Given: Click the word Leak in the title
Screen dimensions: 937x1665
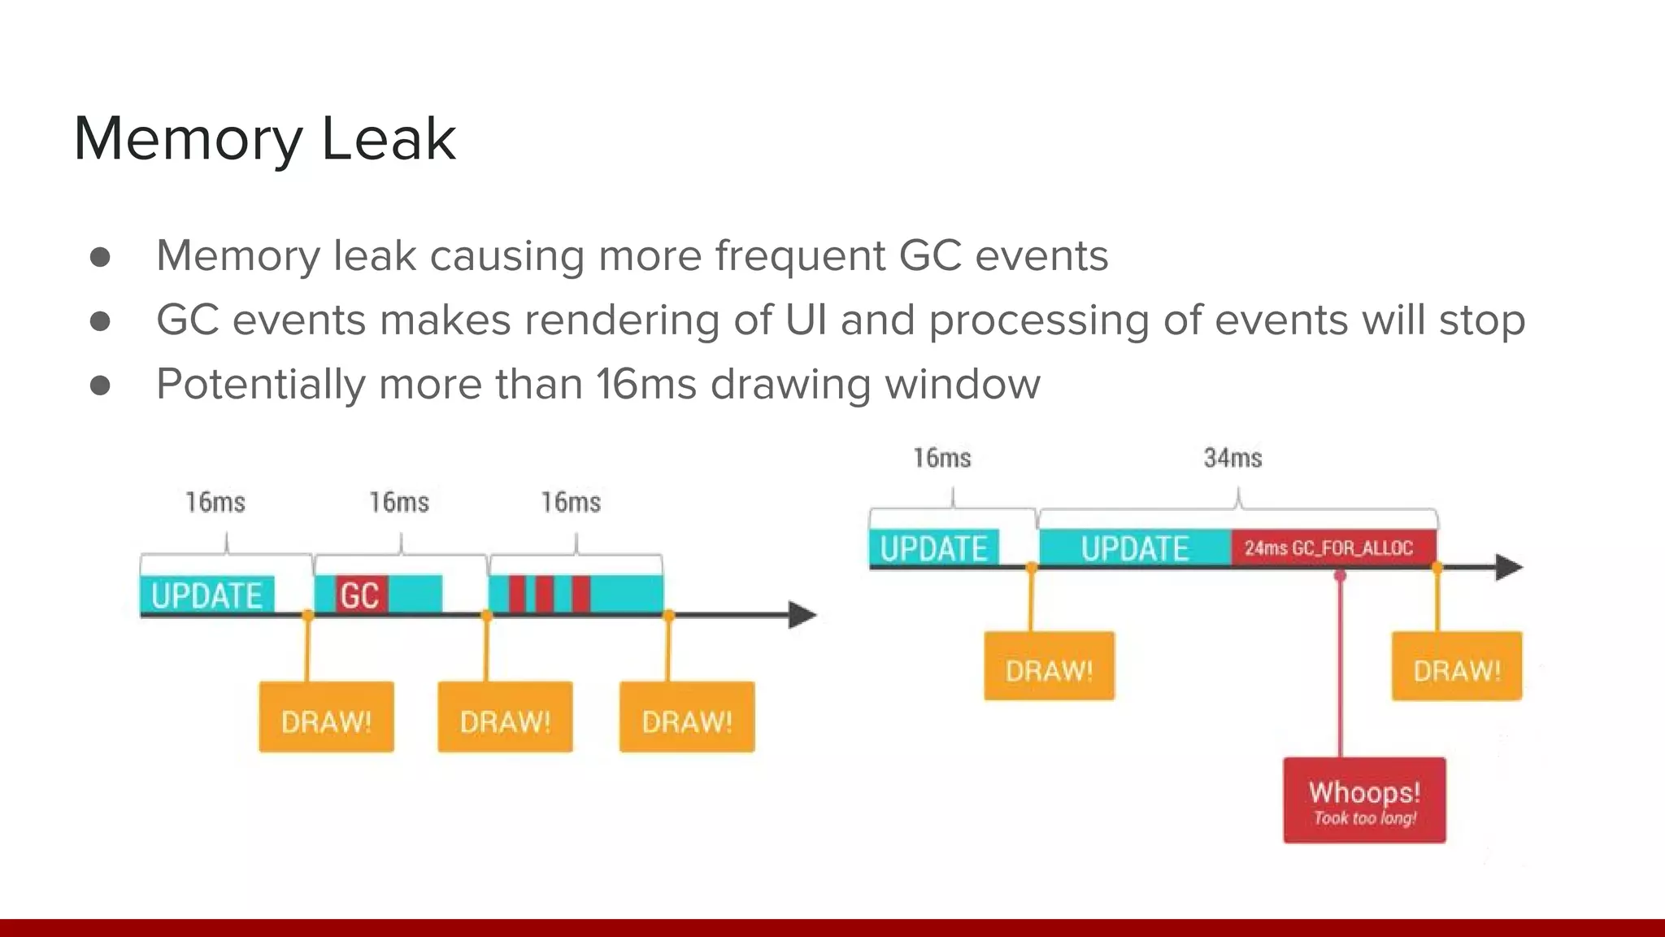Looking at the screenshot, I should coord(389,139).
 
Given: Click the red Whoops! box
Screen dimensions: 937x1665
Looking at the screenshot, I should coord(1364,800).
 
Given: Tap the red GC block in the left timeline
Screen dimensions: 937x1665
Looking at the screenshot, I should coord(359,595).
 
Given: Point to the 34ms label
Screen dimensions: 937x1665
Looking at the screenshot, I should coord(1232,458).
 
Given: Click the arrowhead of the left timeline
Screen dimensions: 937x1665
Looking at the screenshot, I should coord(802,615).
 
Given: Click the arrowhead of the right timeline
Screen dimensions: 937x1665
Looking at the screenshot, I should coord(1509,567).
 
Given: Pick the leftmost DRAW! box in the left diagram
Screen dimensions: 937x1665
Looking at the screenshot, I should coord(326,717).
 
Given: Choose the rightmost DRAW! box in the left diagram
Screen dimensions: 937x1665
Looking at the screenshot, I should coord(687,717).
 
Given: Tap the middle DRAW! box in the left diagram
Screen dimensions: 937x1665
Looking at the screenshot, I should coord(505,717).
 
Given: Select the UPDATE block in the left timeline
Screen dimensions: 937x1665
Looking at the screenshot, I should coord(207,595).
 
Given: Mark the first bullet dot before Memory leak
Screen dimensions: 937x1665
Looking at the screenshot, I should coord(100,257).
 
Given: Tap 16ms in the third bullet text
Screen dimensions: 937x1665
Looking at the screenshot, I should coord(646,384).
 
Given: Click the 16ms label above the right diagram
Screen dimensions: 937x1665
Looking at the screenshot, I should coord(941,458).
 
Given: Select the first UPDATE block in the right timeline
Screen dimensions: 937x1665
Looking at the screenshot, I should coord(933,547).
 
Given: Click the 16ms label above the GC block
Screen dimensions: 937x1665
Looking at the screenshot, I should coord(398,502).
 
